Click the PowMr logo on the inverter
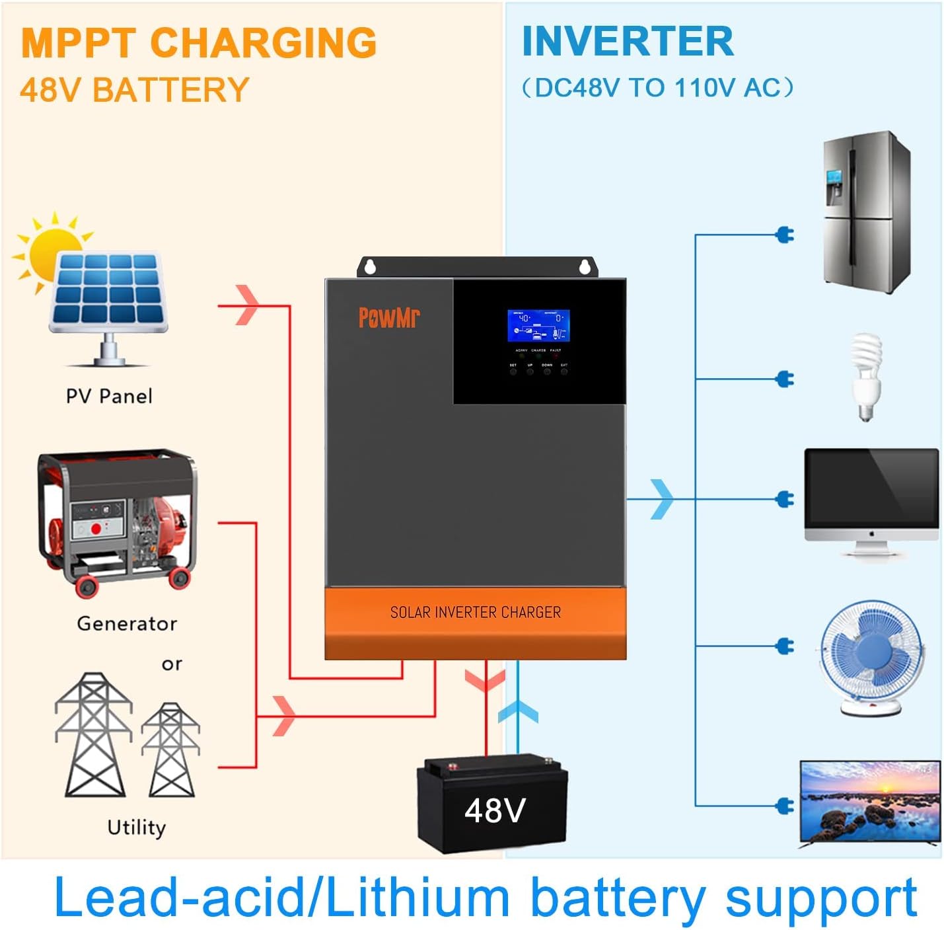coord(388,317)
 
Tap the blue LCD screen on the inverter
coord(538,325)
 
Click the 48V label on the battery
coord(495,810)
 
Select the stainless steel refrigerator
coord(866,212)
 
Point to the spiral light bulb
coord(866,377)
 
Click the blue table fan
coord(871,658)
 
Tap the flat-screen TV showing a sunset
coord(869,802)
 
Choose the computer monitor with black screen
coord(871,496)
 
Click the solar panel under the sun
coord(108,294)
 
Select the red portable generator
coord(118,522)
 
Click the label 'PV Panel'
coord(109,397)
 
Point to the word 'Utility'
coord(136,828)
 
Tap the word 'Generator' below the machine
coord(127,623)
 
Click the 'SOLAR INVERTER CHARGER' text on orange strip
coord(475,613)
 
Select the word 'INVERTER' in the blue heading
coord(627,42)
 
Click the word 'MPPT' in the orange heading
coord(78,43)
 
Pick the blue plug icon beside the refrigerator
coord(785,235)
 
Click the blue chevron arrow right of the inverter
coord(662,499)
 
